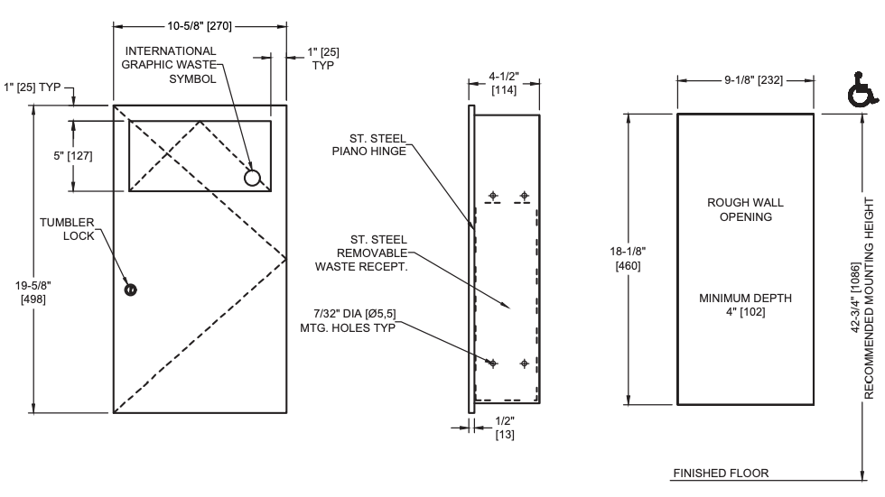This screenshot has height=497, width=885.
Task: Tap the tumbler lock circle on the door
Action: [131, 290]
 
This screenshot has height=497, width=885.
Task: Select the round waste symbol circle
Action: [254, 178]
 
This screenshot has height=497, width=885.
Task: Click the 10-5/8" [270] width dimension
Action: [200, 25]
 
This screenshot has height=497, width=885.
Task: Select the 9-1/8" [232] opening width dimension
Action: [745, 80]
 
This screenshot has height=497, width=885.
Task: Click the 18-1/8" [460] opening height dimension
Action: [626, 261]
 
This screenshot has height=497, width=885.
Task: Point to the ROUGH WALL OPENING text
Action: [745, 210]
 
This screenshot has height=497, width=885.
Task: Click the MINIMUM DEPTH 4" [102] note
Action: [745, 304]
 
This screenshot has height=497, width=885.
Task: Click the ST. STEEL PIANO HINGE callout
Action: [378, 144]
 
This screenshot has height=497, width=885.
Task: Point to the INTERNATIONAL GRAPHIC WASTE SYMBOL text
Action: [170, 64]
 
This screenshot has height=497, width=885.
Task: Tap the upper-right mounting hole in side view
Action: [524, 195]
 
